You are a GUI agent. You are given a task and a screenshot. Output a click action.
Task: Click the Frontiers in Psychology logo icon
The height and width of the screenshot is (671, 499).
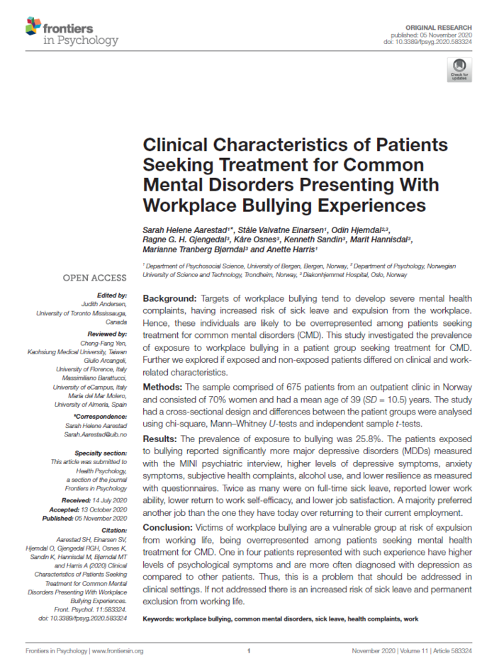[33, 28]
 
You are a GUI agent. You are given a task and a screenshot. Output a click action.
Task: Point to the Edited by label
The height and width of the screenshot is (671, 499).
[113, 295]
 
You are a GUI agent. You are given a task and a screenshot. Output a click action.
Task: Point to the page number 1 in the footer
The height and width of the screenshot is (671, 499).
[250, 650]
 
